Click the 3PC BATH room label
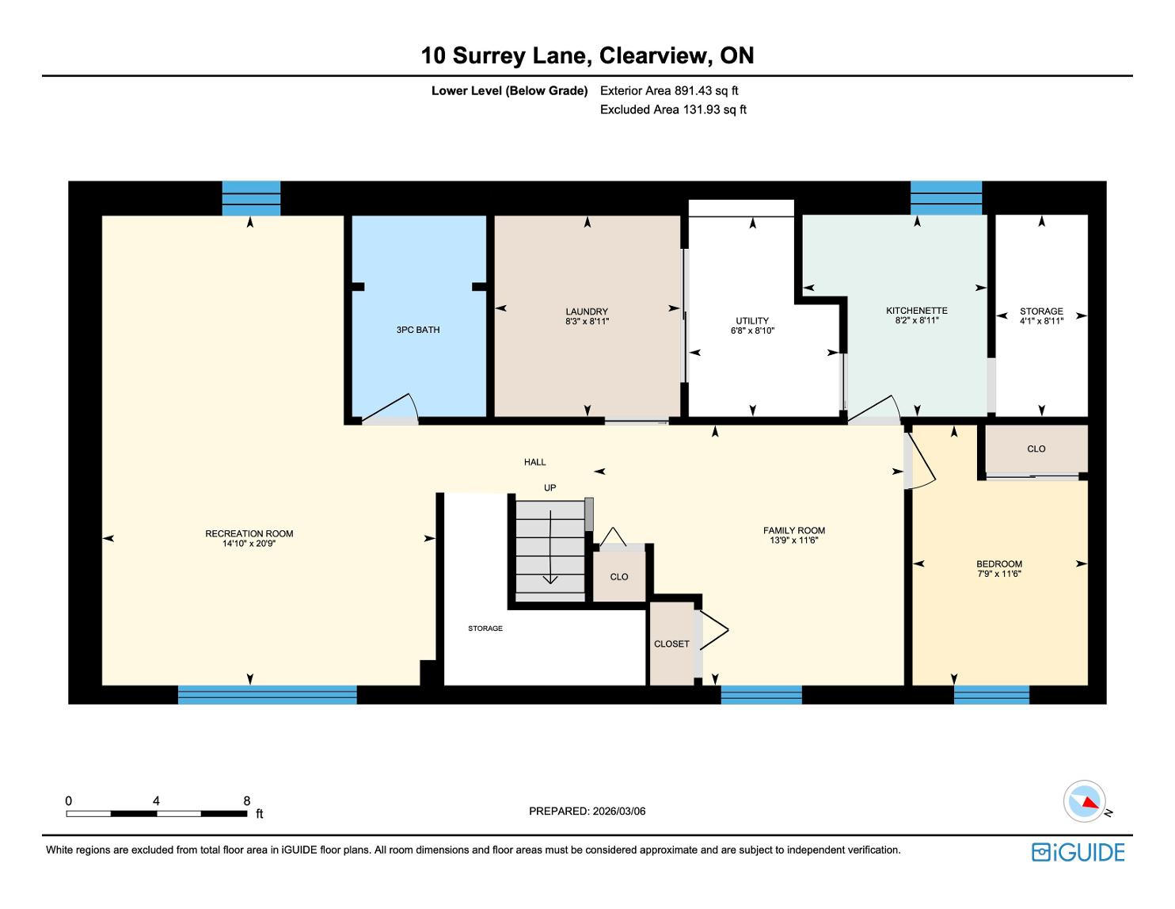pos(418,330)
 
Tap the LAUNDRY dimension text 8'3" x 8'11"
pos(587,322)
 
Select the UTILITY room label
pos(752,321)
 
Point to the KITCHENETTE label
pos(917,311)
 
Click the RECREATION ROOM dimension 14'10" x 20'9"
pos(249,543)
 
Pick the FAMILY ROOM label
pos(794,531)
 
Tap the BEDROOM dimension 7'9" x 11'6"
pos(999,574)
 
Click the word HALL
pos(534,462)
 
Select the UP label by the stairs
pos(550,487)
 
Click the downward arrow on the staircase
pos(550,547)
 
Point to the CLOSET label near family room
pos(671,644)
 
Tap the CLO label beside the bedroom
pos(1036,449)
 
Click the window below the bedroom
pos(991,695)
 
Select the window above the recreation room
pos(252,198)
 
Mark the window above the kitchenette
pos(945,198)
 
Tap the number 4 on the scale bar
pos(156,800)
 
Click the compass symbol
pos(1084,801)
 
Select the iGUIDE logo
pos(1078,852)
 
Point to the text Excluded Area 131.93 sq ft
pos(673,109)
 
